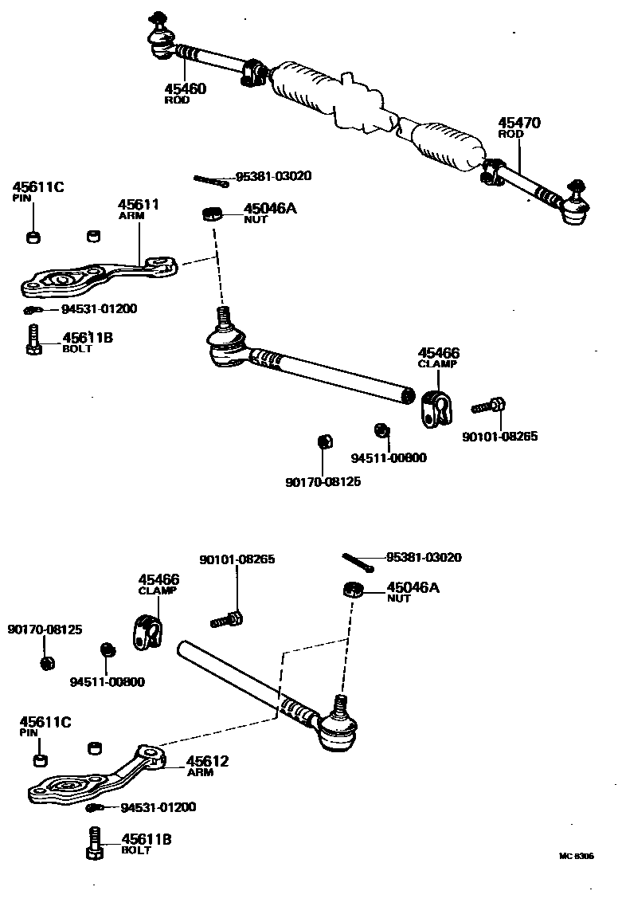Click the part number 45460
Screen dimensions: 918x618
185,88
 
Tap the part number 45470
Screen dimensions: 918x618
519,123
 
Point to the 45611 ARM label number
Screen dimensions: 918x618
139,205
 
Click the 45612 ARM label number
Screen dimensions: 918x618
207,762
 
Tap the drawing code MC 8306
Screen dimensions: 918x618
576,856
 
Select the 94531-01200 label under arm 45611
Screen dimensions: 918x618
99,309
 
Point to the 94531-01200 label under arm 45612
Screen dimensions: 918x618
158,807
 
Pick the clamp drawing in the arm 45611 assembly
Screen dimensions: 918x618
436,406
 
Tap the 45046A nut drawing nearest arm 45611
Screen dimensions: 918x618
210,213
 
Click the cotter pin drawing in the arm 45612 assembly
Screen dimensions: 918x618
358,562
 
